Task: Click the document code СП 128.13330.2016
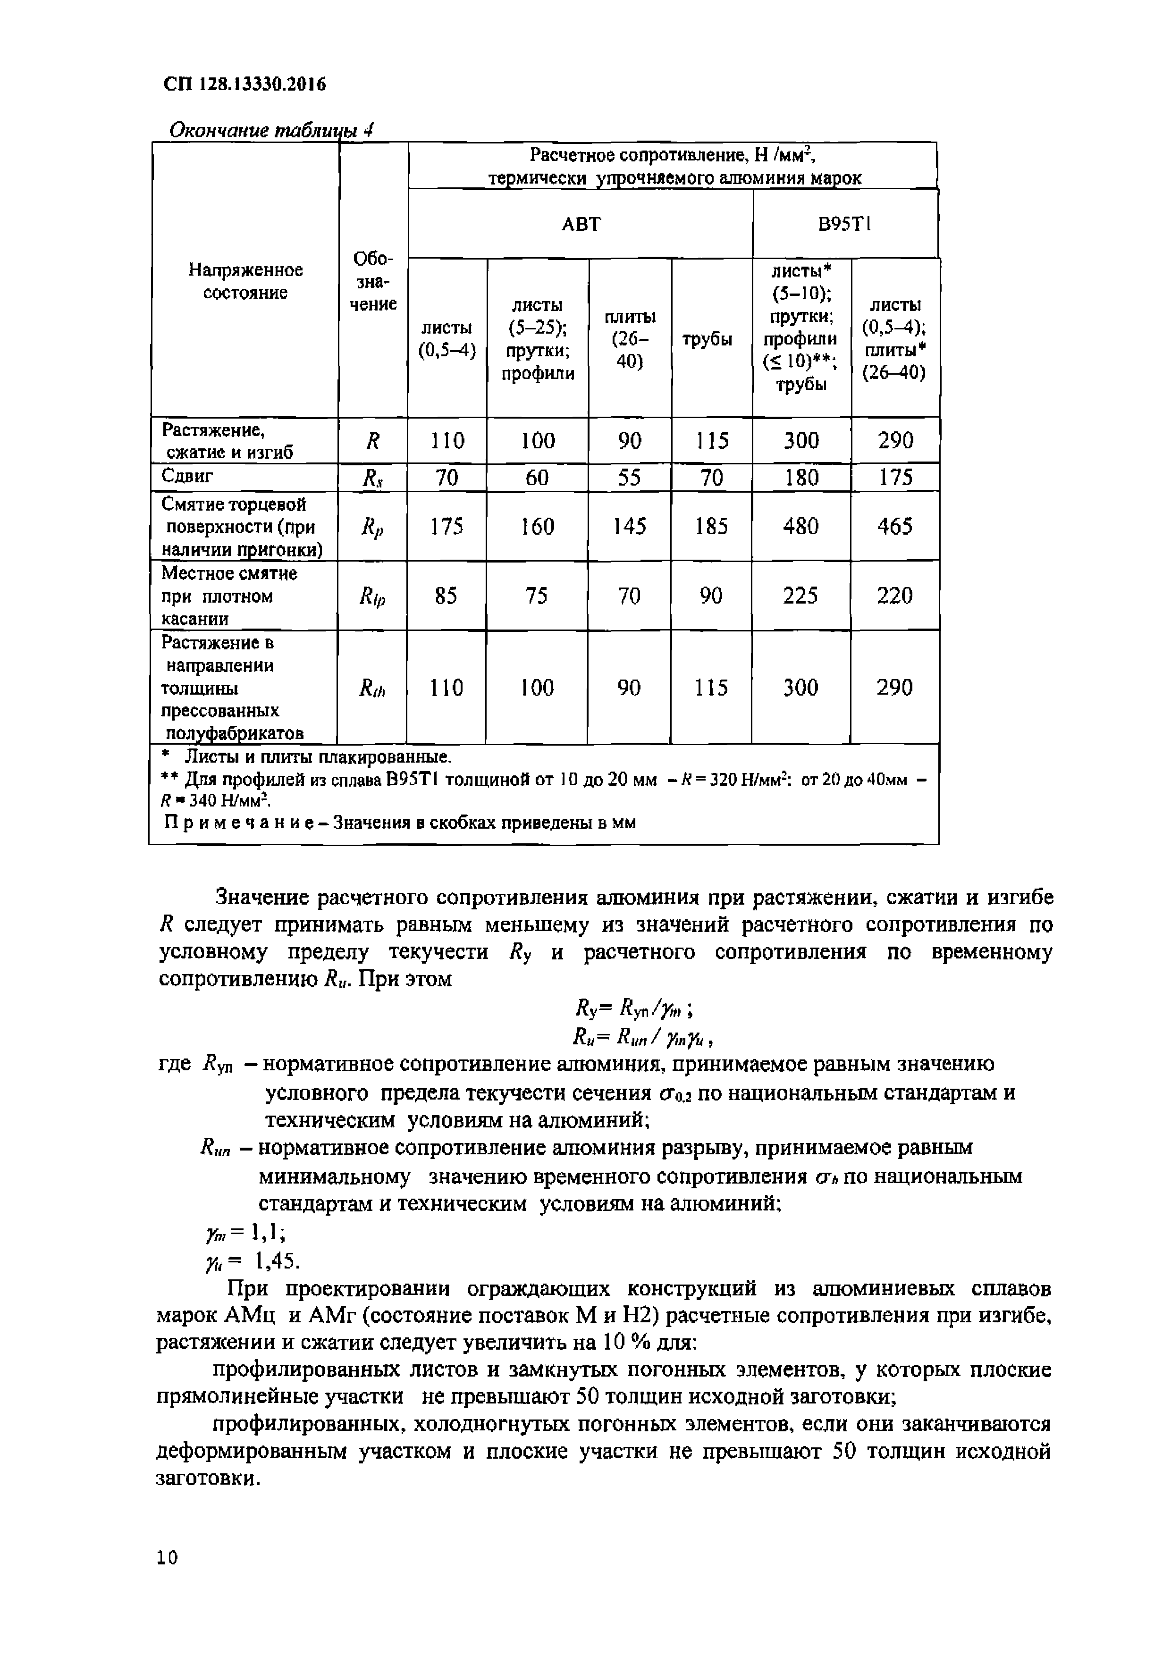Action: pos(244,85)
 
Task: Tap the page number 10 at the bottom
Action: pos(167,1558)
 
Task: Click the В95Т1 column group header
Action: pos(844,224)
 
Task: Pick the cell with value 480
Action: pos(800,526)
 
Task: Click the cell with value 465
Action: pos(895,526)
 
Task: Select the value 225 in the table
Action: pos(800,596)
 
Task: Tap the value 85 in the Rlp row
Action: pos(446,596)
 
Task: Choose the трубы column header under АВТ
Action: pos(711,339)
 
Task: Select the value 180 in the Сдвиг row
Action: pos(801,477)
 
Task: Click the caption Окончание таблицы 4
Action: pos(270,130)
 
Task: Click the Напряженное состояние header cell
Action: pos(245,281)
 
